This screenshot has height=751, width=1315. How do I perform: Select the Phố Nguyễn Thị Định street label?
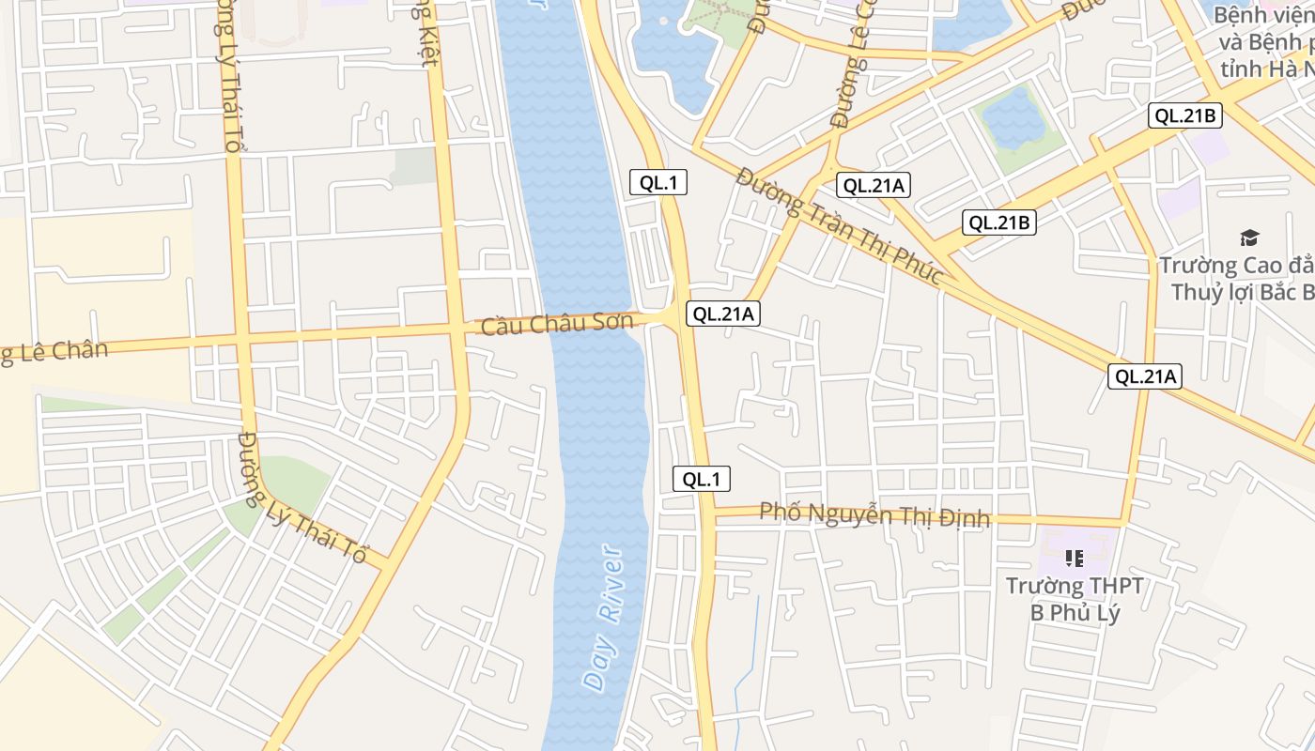click(x=874, y=514)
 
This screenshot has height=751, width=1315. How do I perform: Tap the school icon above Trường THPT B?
click(x=1075, y=559)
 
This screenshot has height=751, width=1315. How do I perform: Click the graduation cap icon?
click(x=1249, y=238)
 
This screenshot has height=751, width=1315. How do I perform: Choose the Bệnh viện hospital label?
click(x=1264, y=42)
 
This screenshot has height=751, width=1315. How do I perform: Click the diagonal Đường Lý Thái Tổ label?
click(x=302, y=497)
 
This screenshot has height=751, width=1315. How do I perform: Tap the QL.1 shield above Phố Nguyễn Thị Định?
click(x=701, y=479)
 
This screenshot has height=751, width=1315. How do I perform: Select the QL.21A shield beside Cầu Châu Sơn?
click(x=722, y=314)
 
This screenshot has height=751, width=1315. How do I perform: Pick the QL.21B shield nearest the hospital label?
click(x=1185, y=116)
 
